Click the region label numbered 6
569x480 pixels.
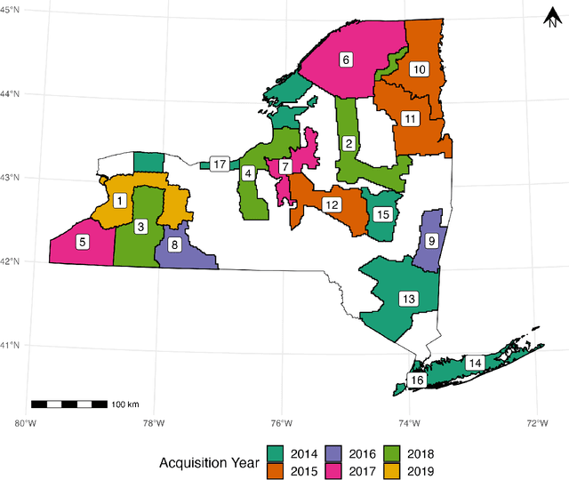coord(346,60)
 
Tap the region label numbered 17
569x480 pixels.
coord(219,164)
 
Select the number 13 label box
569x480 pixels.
coord(408,299)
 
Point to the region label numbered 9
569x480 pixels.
coord(431,240)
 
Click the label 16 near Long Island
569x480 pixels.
coord(416,380)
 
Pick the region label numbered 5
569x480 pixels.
coord(82,241)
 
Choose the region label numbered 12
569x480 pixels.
coord(332,204)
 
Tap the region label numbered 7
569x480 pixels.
coord(284,166)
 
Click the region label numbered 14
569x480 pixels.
coord(476,362)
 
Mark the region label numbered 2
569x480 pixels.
coord(349,143)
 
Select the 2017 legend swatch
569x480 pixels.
coord(343,470)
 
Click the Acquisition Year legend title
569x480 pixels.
coord(208,462)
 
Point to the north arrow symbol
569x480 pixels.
coord(551,17)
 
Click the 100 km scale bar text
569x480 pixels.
coord(126,404)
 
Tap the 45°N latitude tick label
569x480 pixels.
coord(11,9)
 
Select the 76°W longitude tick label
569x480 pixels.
coord(282,423)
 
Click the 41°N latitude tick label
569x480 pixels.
coord(11,345)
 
